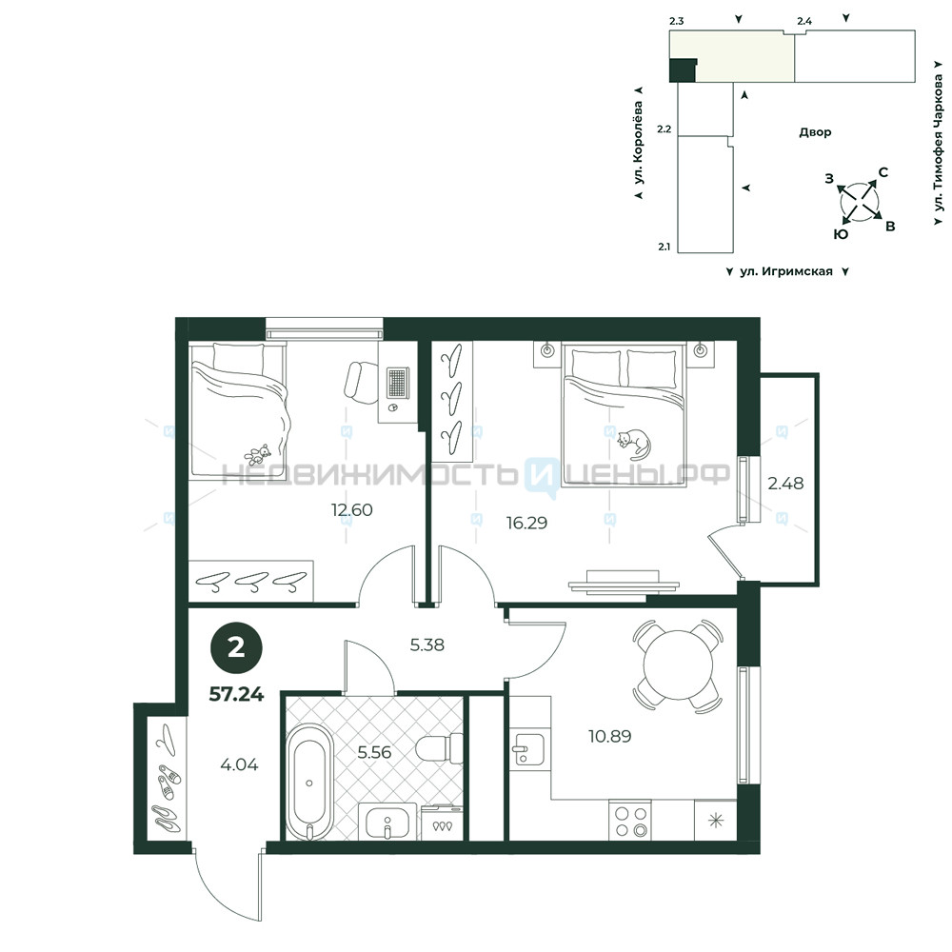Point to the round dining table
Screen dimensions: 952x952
(678, 665)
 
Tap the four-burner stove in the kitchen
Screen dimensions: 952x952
(629, 821)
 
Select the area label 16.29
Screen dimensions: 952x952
(527, 522)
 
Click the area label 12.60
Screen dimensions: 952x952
(351, 509)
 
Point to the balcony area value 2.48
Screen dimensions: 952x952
(785, 484)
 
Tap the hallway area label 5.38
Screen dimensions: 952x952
(426, 645)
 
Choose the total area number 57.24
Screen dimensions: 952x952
(236, 694)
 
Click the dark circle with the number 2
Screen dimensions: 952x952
(236, 648)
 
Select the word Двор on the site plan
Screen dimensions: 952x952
(815, 131)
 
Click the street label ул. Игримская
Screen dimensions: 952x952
(786, 271)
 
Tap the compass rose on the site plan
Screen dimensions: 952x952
(859, 201)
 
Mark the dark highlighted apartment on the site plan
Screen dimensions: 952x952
(683, 69)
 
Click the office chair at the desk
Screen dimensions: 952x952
(361, 383)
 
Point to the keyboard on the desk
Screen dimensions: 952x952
(398, 383)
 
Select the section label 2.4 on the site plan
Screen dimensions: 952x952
(804, 21)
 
